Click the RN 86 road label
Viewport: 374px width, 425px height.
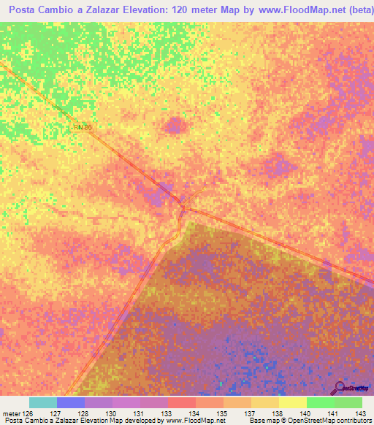coord(83,127)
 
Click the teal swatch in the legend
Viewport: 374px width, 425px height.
coord(43,402)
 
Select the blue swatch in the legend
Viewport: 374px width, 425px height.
coord(71,402)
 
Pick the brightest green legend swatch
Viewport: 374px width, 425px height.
coord(321,402)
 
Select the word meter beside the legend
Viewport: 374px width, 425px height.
coord(10,413)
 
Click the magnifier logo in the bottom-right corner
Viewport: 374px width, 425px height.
coord(340,387)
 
